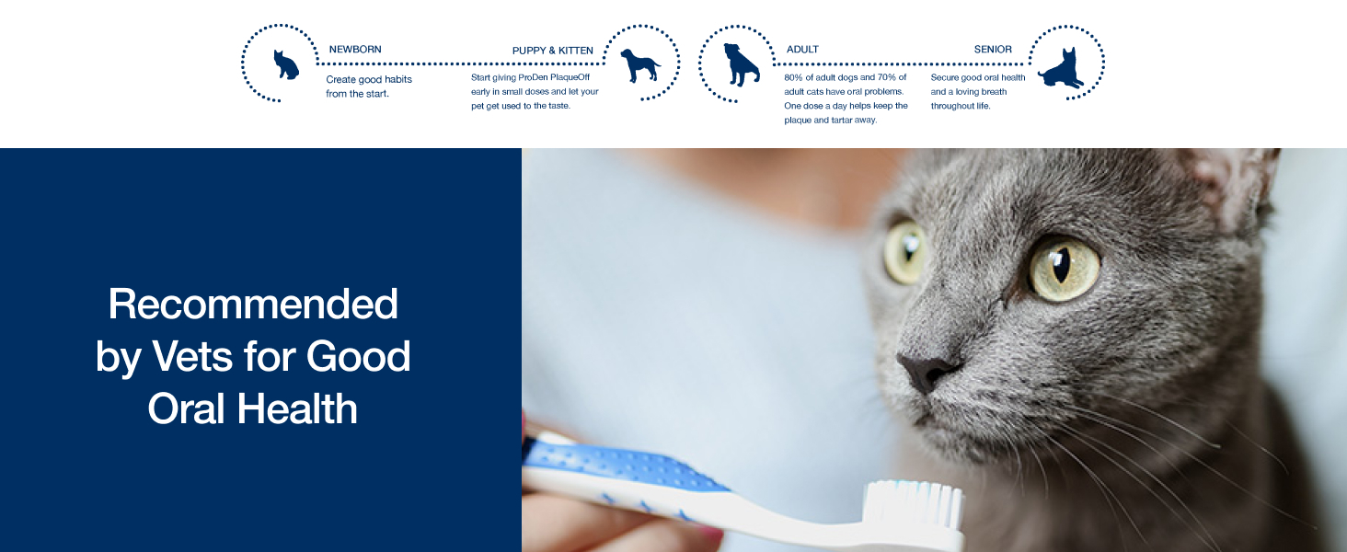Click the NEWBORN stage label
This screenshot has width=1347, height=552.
(x=355, y=50)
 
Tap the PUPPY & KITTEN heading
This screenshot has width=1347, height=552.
(x=553, y=51)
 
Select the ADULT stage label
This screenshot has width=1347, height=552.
(x=802, y=50)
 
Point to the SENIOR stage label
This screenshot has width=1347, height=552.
(x=993, y=50)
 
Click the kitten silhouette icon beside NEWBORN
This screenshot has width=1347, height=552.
(x=285, y=65)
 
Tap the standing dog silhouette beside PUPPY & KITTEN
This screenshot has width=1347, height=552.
(x=640, y=65)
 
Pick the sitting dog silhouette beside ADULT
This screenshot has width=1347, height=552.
(x=742, y=64)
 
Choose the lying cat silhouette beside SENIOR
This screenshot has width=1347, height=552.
(x=1062, y=69)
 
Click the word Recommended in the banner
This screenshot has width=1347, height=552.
(x=253, y=305)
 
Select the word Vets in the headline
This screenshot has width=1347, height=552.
(x=191, y=357)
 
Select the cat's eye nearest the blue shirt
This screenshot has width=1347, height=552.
(x=905, y=251)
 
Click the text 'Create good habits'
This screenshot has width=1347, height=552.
(x=369, y=79)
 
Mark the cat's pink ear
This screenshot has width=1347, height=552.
(x=1233, y=180)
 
